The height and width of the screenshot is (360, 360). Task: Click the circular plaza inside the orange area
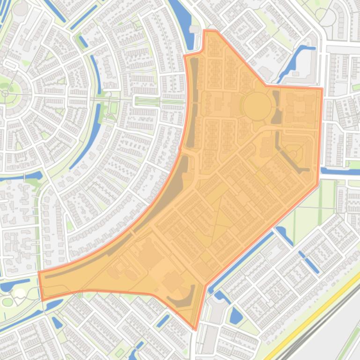(x=257, y=106)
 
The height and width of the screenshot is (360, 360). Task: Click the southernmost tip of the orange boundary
(x=196, y=329)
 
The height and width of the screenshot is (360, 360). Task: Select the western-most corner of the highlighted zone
(x=39, y=272)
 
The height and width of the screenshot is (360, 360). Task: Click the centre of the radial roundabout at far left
(x=6, y=94)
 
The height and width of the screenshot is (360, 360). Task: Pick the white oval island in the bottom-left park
(x=20, y=293)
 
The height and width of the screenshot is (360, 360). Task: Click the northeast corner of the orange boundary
(x=322, y=88)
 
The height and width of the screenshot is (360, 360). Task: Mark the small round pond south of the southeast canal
(x=236, y=318)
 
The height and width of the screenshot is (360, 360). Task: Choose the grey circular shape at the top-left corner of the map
(x=19, y=8)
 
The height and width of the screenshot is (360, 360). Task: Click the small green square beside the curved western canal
(x=113, y=108)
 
